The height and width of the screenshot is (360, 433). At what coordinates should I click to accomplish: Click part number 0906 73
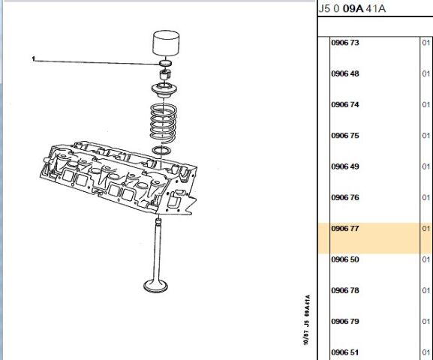click(x=345, y=43)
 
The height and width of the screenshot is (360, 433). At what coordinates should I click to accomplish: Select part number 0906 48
click(x=345, y=73)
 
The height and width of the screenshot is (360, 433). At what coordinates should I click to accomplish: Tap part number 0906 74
click(x=345, y=105)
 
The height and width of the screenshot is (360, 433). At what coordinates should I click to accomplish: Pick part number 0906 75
click(x=345, y=136)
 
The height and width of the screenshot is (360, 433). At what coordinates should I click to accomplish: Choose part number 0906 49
click(x=345, y=166)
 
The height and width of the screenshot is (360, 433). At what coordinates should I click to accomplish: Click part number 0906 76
click(x=345, y=198)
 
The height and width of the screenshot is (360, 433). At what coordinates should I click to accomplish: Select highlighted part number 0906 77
click(x=345, y=229)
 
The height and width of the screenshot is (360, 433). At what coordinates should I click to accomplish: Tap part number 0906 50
click(x=345, y=259)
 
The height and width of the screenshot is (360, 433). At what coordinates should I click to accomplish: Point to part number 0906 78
click(x=345, y=290)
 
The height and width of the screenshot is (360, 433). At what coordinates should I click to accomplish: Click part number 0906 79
click(x=345, y=321)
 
